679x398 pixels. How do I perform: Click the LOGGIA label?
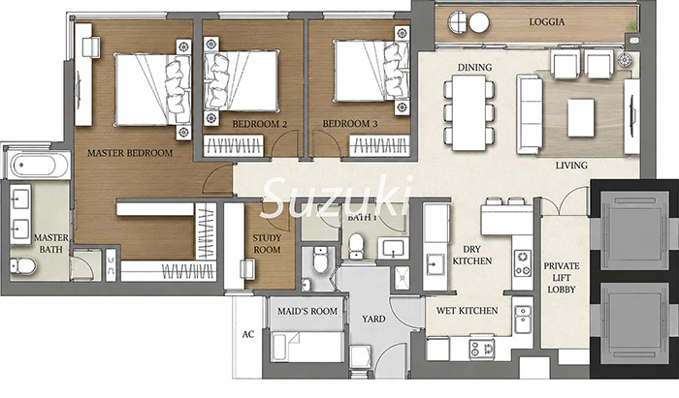(x=546, y=22)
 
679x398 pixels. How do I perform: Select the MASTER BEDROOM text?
(x=130, y=153)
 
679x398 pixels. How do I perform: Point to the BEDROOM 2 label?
(x=259, y=125)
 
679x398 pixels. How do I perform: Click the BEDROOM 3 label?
(x=350, y=124)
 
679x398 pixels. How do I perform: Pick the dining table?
(x=469, y=112)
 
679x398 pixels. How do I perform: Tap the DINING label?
(x=474, y=68)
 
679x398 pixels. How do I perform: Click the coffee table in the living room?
(x=581, y=117)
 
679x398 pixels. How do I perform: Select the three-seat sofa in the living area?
(x=530, y=114)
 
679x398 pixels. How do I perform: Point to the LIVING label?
(x=571, y=165)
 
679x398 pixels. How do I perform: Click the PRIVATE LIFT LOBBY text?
(x=562, y=278)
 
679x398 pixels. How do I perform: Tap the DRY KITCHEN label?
(x=471, y=255)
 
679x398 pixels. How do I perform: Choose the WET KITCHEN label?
(x=467, y=311)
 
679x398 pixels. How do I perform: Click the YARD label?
(x=373, y=319)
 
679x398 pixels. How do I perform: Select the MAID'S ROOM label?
(x=307, y=311)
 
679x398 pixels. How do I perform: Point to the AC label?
(x=248, y=334)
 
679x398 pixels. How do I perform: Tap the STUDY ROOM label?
(x=267, y=244)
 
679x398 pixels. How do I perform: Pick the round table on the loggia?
(x=479, y=22)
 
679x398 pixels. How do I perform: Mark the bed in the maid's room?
(x=307, y=347)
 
